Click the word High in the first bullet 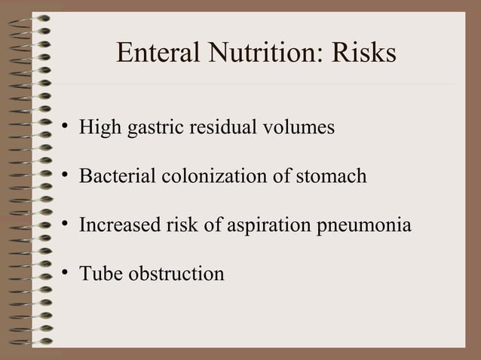pos(96,128)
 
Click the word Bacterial pos(115,177)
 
